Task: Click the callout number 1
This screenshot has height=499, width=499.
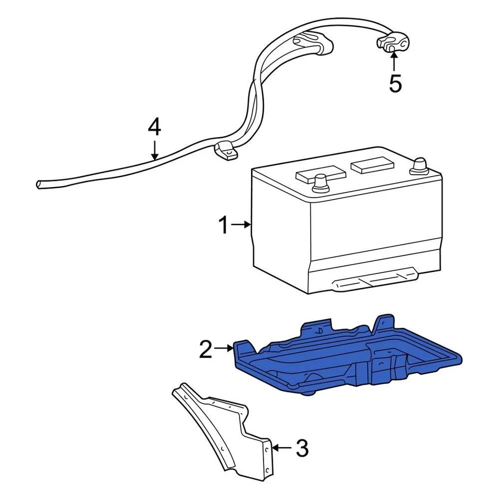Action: pos(223,226)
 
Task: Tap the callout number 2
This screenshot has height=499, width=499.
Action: pos(206,350)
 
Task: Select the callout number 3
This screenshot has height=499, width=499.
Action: pos(302,447)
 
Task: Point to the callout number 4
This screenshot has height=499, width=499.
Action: pos(154,127)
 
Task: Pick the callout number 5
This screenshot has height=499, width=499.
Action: pos(396,83)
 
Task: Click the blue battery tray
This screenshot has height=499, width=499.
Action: pos(343,359)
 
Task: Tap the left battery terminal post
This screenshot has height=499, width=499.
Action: pos(321,183)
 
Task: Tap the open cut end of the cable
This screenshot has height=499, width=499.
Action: pos(39,184)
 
